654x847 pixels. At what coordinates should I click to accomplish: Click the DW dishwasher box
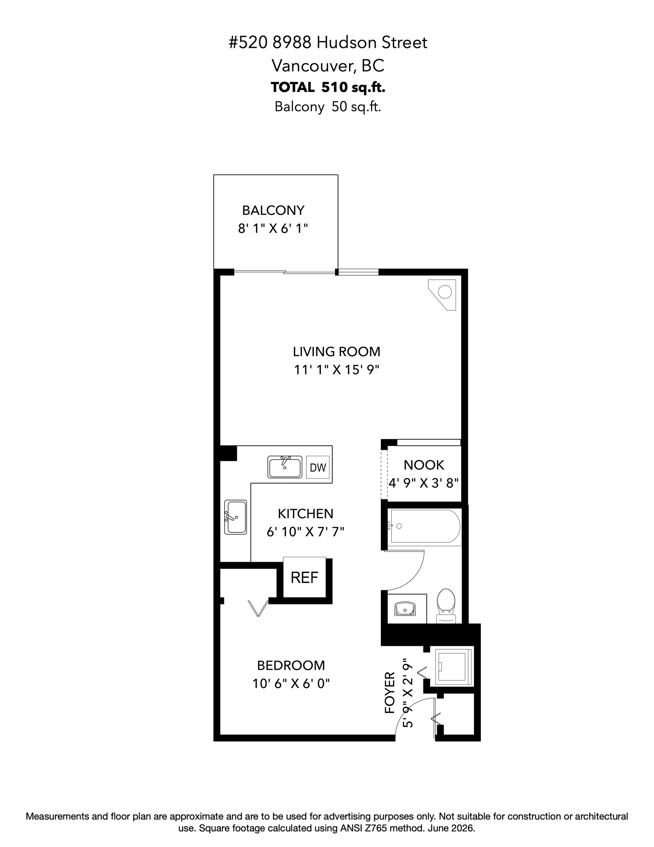[x=318, y=467]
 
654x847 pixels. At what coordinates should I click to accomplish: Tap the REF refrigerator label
[x=304, y=578]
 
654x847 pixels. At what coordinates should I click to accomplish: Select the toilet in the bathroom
[x=446, y=605]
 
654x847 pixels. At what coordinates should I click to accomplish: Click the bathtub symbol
[x=425, y=527]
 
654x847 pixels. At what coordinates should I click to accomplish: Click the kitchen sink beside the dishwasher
[x=285, y=467]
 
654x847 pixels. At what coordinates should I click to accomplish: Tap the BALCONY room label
[x=273, y=210]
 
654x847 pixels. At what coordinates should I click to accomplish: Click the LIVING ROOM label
[x=337, y=352]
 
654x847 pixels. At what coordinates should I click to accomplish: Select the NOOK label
[x=424, y=465]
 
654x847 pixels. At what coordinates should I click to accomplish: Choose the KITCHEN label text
[x=305, y=514]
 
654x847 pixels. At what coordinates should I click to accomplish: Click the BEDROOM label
[x=291, y=665]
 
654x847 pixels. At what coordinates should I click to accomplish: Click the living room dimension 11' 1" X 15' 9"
[x=337, y=370]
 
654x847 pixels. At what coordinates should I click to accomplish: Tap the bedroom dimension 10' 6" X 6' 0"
[x=291, y=683]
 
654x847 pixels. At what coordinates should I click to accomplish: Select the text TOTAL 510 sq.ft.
[x=328, y=87]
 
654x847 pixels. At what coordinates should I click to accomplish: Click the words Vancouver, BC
[x=328, y=65]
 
